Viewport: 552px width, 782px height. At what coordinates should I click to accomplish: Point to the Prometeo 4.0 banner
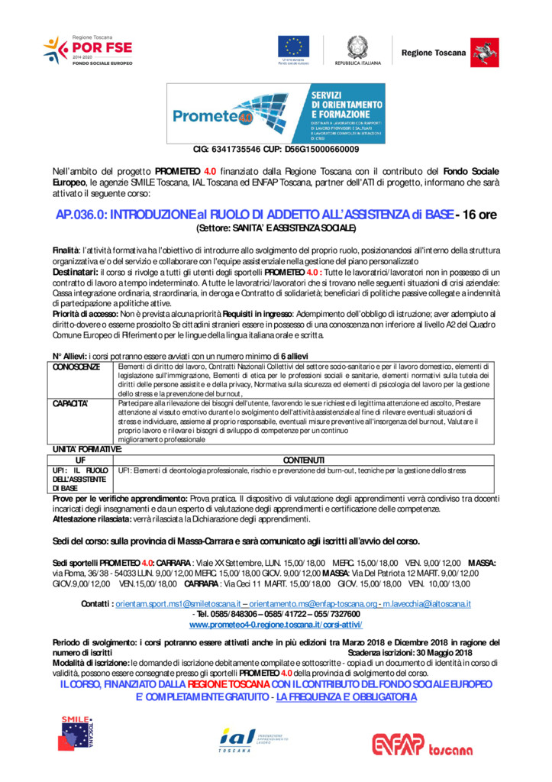(276, 113)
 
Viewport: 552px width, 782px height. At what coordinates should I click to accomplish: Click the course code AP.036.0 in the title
(81, 215)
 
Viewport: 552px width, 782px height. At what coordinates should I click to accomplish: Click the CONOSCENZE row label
(76, 367)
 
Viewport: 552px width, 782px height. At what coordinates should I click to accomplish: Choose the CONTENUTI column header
(304, 460)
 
